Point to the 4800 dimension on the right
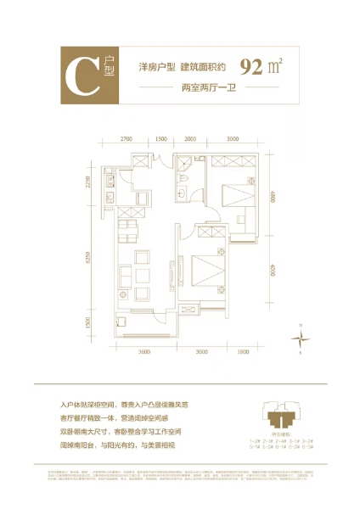pos(271,205)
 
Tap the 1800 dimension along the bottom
pos(245,350)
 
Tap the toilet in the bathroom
pos(184,193)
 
